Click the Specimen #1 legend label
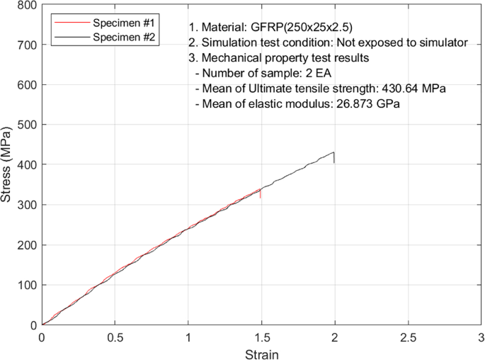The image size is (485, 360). tap(125, 22)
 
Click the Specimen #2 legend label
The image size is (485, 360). tap(125, 36)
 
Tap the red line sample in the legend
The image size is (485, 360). tap(70, 22)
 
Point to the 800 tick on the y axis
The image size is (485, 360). tap(27, 5)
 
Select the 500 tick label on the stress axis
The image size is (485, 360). tap(27, 125)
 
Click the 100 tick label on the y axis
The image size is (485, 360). tap(27, 285)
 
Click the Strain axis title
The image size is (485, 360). tap(261, 353)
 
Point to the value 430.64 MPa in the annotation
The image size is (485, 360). tap(416, 88)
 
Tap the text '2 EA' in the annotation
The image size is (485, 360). tap(312, 73)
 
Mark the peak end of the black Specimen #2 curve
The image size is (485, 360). tap(333, 152)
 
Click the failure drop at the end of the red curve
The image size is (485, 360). tap(261, 193)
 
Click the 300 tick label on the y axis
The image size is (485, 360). tap(27, 205)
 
